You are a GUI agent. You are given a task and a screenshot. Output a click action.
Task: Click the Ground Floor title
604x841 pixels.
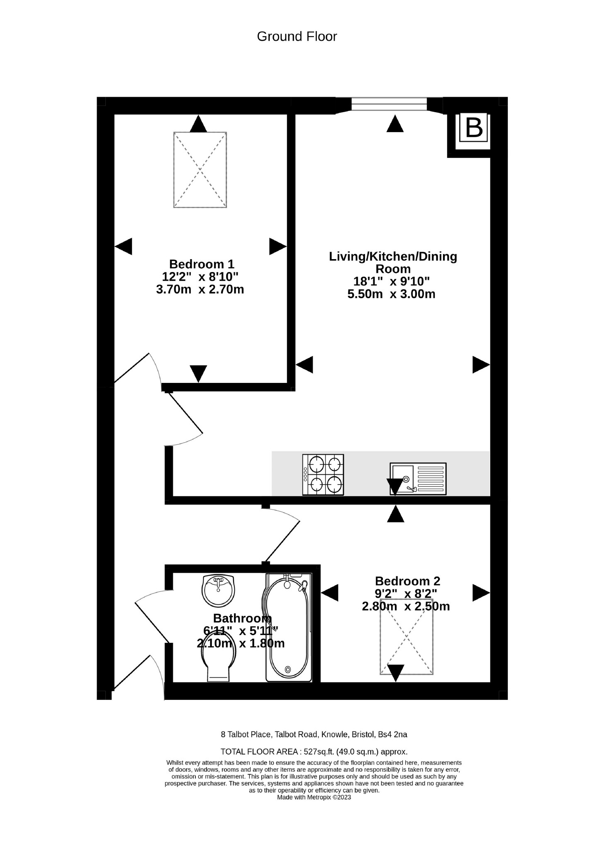[297, 37]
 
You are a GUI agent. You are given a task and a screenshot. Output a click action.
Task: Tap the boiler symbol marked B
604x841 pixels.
[474, 128]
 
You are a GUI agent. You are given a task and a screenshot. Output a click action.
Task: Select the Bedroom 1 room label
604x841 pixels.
[202, 264]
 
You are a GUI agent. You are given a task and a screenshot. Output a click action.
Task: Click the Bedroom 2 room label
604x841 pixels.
[407, 581]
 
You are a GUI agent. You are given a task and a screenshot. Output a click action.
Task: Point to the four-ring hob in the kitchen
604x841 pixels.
[323, 474]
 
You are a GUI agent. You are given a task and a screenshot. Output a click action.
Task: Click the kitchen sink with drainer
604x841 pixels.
[418, 479]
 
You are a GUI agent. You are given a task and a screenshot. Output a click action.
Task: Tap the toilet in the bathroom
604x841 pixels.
[219, 662]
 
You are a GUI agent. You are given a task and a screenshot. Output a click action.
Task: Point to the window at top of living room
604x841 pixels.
[389, 104]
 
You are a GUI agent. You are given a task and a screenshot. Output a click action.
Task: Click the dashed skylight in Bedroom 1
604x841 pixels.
[200, 169]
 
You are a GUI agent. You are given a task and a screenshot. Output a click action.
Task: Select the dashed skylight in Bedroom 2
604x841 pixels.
[407, 637]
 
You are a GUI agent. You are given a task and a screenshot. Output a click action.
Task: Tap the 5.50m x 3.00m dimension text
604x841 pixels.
[391, 294]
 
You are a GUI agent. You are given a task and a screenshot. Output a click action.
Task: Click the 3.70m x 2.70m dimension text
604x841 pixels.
[200, 289]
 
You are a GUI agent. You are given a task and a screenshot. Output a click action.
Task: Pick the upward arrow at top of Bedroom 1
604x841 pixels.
[198, 124]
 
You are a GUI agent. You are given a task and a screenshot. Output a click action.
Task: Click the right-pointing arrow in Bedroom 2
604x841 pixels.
[481, 593]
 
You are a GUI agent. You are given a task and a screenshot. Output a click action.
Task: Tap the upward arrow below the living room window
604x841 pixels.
[395, 124]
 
